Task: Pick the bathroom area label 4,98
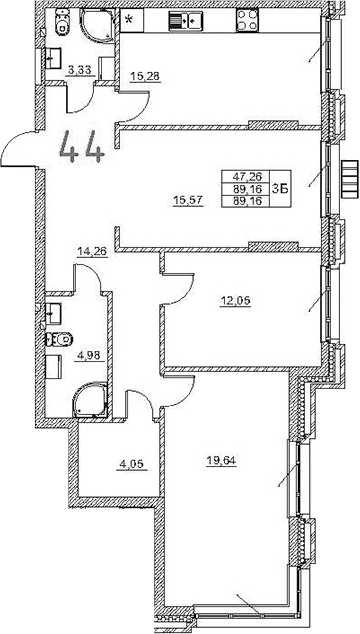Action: pyautogui.click(x=89, y=352)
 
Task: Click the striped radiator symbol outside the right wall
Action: pyautogui.click(x=348, y=181)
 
